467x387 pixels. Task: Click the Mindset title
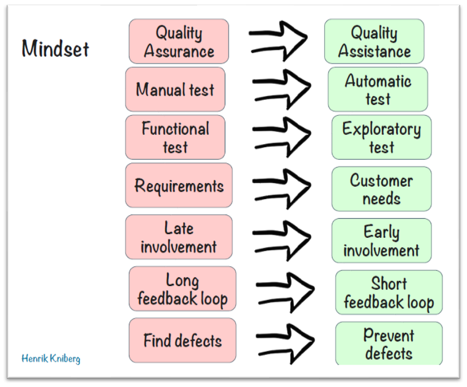55,48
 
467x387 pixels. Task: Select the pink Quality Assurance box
179,41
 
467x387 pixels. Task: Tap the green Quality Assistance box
374,41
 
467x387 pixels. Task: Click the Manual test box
176,89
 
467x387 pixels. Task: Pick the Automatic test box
378,89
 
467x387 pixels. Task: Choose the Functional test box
176,137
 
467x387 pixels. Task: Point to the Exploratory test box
381,137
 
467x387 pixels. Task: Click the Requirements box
179,185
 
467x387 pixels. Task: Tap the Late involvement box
179,237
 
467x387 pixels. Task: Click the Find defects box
182,340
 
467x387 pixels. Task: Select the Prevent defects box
389,344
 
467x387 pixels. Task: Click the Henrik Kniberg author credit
51,358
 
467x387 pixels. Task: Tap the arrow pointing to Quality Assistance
278,38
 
